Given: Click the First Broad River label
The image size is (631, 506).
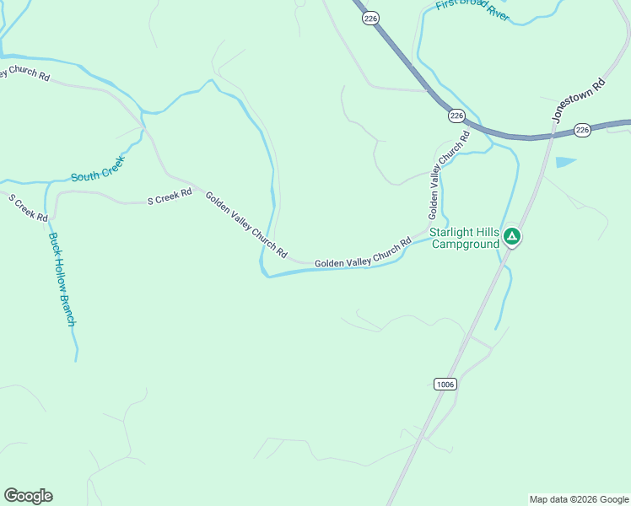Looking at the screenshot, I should tap(472, 10).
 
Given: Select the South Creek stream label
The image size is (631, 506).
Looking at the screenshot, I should tap(97, 168).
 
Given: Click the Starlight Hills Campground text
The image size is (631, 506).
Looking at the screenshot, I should tap(464, 239).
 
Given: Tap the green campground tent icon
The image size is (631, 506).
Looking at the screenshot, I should tap(511, 237).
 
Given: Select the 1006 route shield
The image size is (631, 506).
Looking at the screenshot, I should tap(445, 385).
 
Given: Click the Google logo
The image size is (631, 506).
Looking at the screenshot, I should tap(28, 496).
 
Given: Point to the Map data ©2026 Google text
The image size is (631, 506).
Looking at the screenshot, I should tap(579, 499).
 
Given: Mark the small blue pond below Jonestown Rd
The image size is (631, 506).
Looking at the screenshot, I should tap(564, 162).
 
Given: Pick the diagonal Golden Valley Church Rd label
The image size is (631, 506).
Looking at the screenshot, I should tap(246, 225).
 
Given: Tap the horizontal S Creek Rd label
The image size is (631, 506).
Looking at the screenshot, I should tap(170, 200).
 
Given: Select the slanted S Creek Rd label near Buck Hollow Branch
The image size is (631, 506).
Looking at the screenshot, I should tap(27, 207).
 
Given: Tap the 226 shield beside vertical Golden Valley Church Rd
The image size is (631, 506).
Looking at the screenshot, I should tap(456, 116).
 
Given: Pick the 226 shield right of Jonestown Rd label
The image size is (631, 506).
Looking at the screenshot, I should tap(582, 129).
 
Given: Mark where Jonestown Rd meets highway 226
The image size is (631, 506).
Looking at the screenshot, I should tap(553, 135).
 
